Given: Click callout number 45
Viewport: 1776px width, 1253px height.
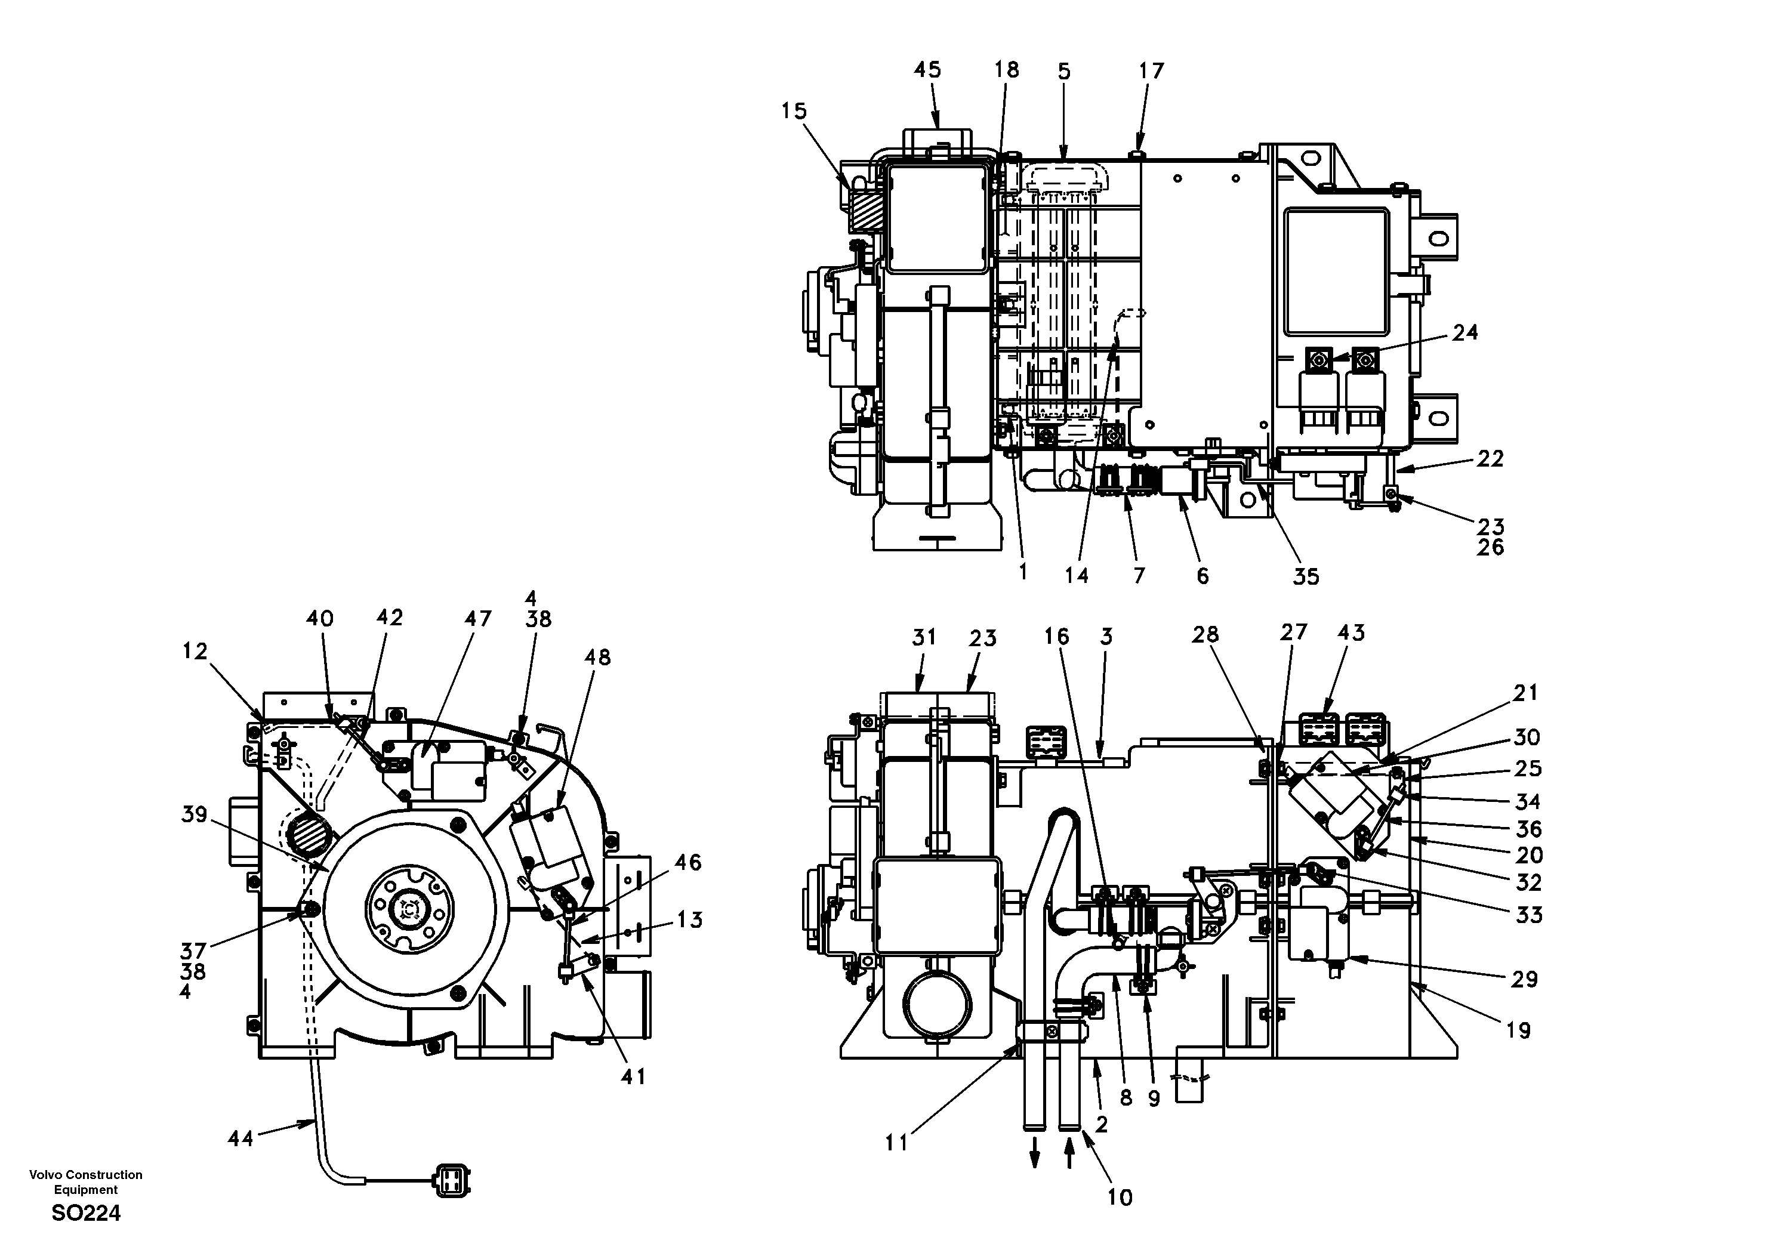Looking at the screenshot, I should click(x=927, y=70).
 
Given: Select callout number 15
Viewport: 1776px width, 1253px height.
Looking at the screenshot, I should click(x=794, y=112).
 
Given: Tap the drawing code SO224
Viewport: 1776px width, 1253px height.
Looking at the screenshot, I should click(x=86, y=1214).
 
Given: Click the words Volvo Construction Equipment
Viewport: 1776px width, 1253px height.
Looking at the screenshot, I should click(x=86, y=1182).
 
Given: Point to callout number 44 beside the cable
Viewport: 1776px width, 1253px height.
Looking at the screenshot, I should click(x=240, y=1138).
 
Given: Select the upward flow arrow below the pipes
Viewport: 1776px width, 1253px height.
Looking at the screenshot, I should click(x=1069, y=1159).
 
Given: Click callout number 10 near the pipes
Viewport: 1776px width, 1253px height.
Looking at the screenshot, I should click(x=1120, y=1198).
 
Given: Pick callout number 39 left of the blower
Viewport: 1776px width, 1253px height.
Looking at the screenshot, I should click(x=194, y=814).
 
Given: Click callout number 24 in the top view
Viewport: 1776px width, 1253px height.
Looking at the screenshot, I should click(x=1465, y=332).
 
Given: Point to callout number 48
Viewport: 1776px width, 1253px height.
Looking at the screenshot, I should click(x=597, y=658).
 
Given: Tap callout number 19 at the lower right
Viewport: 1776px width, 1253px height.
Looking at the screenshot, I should click(x=1518, y=1030).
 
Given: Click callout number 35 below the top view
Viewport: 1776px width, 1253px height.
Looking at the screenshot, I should click(x=1306, y=576).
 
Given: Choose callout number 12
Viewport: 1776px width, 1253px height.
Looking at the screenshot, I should click(x=195, y=652).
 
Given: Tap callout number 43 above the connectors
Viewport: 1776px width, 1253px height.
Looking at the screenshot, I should click(x=1350, y=632).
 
